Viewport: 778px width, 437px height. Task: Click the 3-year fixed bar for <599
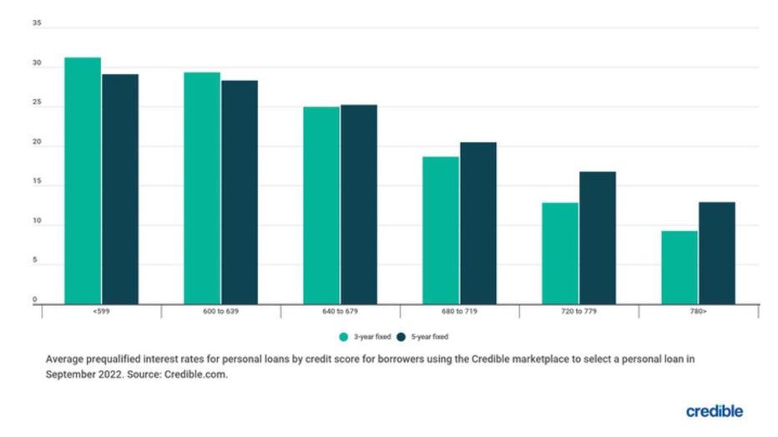point(83,180)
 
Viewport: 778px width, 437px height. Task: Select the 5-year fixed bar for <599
point(120,188)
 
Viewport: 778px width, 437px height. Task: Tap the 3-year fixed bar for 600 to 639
point(202,188)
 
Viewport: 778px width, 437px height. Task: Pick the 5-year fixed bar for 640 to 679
point(359,204)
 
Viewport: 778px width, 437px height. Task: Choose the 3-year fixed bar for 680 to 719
point(441,230)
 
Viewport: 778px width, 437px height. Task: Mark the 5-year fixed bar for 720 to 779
point(598,238)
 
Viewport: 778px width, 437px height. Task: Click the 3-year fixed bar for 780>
point(679,267)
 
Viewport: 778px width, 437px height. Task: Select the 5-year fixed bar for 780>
point(717,253)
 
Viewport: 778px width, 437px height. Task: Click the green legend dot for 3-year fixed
point(343,337)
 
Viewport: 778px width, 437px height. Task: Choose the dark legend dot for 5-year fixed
point(400,337)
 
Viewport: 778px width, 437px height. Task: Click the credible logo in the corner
point(714,411)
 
